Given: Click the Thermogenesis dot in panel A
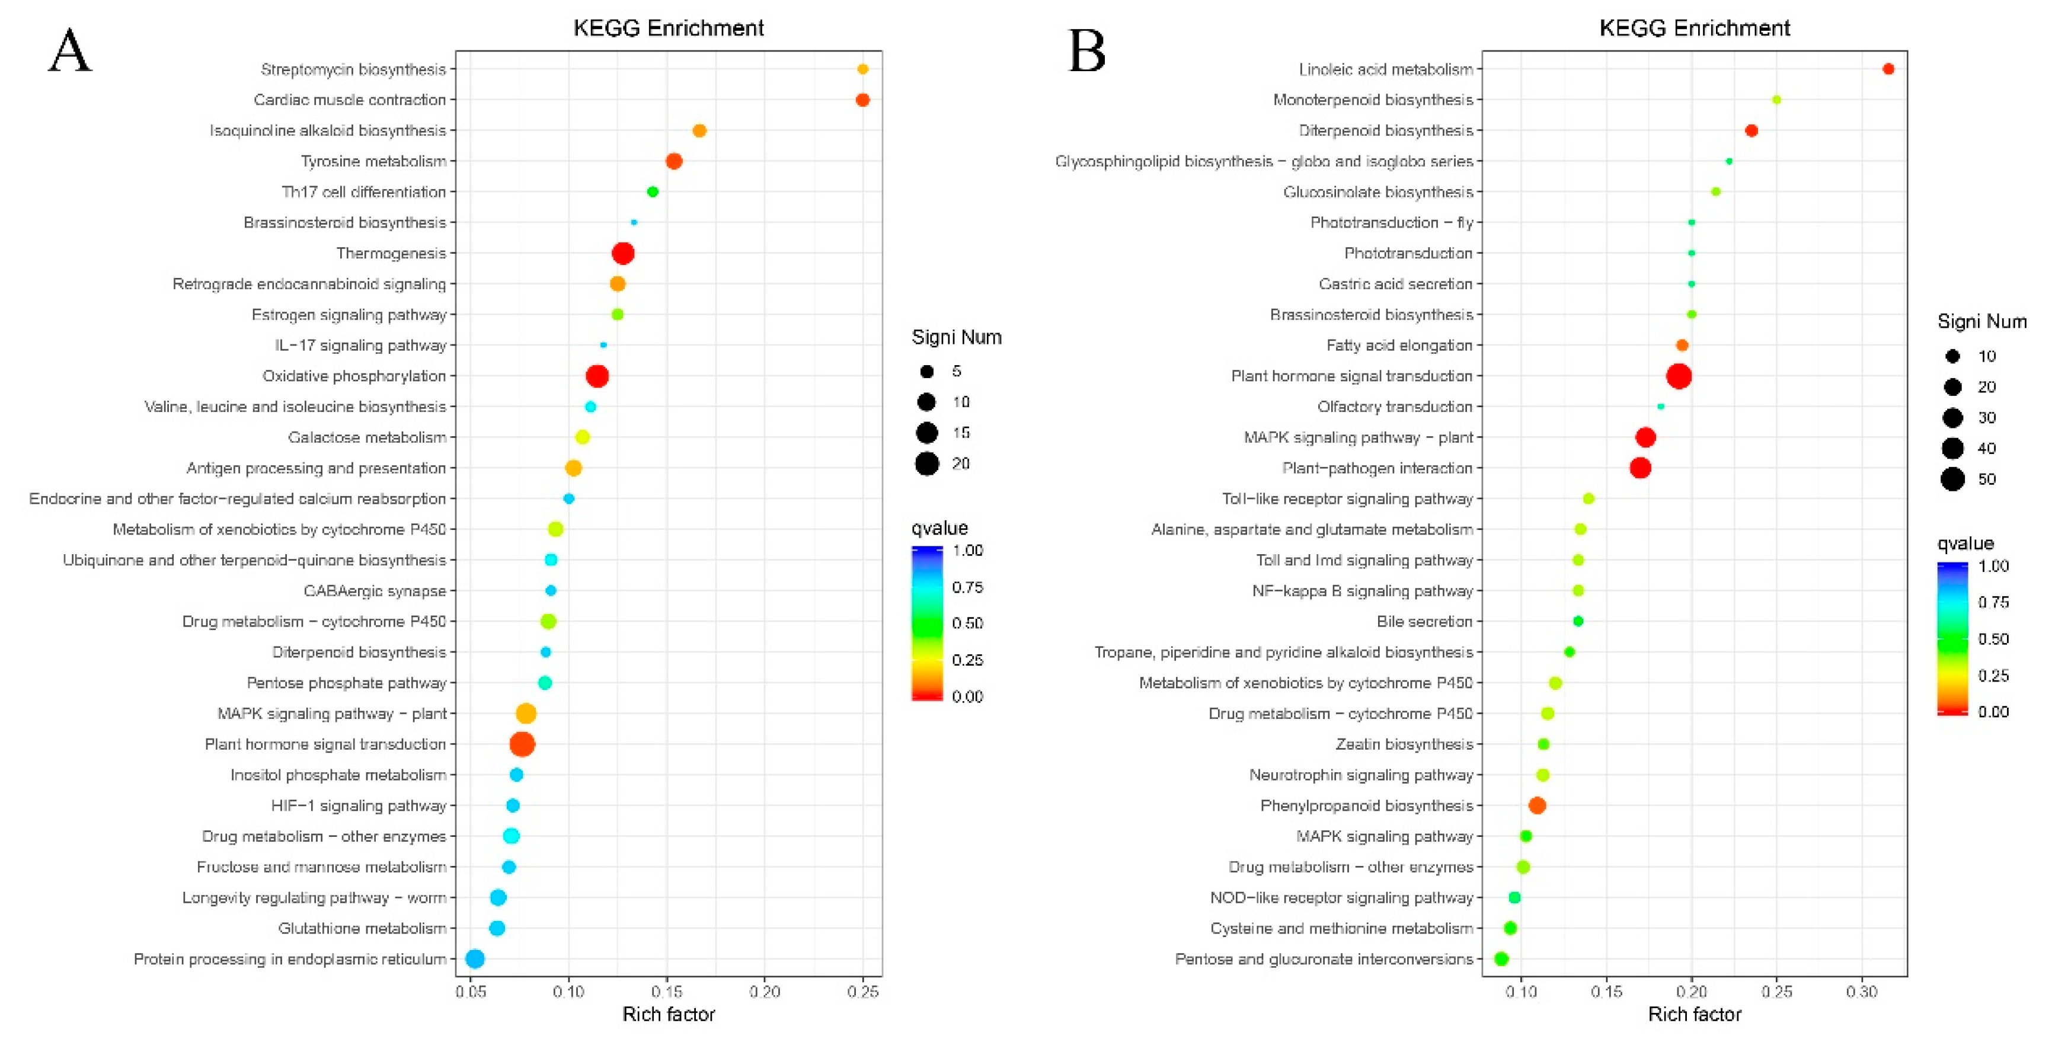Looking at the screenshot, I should pos(623,253).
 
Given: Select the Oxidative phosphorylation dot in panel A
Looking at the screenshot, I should pos(597,376).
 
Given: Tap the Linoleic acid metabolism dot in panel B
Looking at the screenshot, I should pos(1887,69).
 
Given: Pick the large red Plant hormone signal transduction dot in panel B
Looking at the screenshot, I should pos(1679,376).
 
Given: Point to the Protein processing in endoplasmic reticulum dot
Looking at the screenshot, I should pos(475,958).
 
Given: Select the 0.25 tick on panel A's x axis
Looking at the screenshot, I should pos(862,991).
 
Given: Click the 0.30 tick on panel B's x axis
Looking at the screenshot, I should pos(1862,991).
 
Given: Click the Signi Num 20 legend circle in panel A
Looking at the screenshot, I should pos(926,463).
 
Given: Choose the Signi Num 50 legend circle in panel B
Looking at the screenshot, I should pos(1952,479).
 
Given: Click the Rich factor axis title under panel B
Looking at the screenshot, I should pos(1695,1014).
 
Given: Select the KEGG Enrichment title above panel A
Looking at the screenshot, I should pos(669,28).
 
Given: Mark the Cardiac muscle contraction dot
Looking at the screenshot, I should pos(862,100).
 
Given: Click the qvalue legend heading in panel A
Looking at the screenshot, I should pos(939,528).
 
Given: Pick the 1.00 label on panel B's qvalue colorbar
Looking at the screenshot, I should pos(1993,565).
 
